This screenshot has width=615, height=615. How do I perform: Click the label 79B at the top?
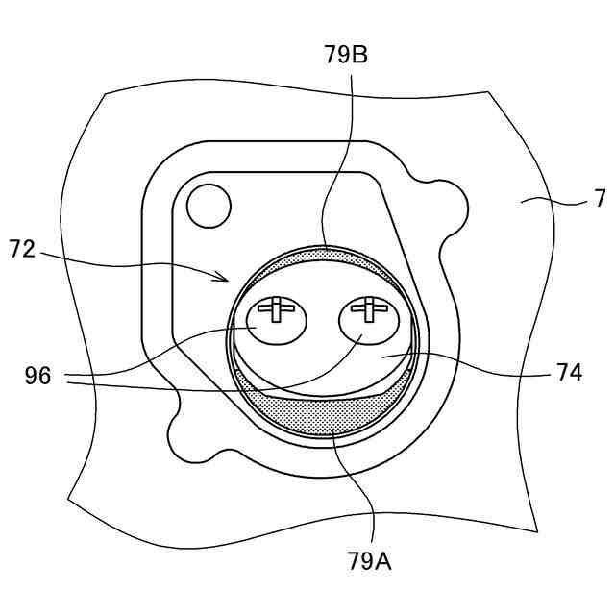(x=347, y=55)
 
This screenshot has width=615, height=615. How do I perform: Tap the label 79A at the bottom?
(x=370, y=560)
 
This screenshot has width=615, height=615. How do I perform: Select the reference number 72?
(x=22, y=251)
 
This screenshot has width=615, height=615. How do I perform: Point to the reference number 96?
(x=37, y=376)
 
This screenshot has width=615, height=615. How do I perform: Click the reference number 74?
(x=569, y=373)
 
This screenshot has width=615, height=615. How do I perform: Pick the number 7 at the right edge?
(x=600, y=199)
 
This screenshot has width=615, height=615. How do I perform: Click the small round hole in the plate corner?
(x=208, y=203)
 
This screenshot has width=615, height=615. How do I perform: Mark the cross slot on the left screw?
(x=276, y=308)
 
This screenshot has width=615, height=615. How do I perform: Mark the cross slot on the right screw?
(x=367, y=308)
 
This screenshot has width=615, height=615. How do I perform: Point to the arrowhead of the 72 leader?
(x=227, y=279)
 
